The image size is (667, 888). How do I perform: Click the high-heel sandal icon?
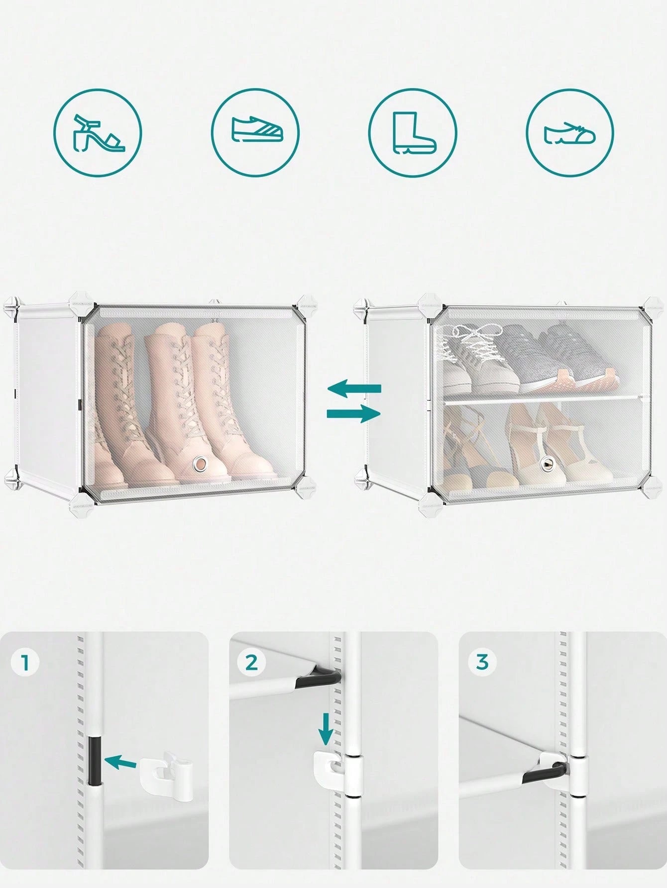98,133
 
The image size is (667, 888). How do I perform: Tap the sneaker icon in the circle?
257,130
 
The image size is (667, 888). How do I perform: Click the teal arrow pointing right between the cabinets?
354,413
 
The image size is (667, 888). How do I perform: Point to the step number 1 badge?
25,663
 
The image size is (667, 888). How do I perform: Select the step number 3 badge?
482,663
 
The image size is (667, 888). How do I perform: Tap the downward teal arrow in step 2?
326,729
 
